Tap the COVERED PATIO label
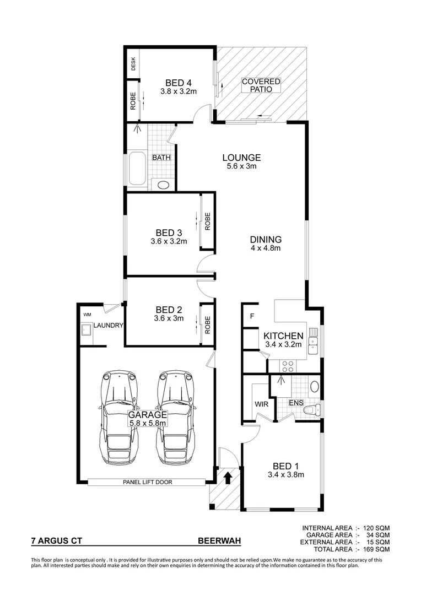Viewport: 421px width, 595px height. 261,85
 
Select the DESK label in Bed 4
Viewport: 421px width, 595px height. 133,64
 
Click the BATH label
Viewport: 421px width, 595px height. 161,158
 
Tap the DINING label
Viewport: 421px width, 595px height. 266,240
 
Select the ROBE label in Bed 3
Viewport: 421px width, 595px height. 208,221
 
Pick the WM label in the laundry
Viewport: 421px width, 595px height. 87,315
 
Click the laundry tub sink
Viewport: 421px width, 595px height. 87,331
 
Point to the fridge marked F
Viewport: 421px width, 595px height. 252,316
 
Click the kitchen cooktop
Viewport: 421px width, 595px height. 288,365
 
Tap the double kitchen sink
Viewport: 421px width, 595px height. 314,342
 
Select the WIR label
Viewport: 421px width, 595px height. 261,404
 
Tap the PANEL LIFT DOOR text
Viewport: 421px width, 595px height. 147,482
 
